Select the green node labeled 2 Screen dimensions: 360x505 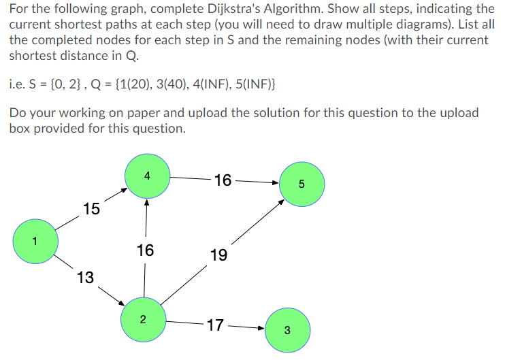click(x=143, y=318)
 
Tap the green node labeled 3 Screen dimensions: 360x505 click(x=287, y=331)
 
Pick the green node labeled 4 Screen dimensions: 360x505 click(x=148, y=176)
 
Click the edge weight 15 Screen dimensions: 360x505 click(x=91, y=208)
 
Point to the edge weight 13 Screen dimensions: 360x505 click(x=86, y=277)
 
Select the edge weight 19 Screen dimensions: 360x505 click(x=219, y=255)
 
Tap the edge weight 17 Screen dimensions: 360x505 click(x=215, y=325)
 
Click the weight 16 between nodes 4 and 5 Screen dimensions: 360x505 click(x=223, y=180)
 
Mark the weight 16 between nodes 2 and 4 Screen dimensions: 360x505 click(x=145, y=250)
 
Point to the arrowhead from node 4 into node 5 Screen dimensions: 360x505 click(x=275, y=182)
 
